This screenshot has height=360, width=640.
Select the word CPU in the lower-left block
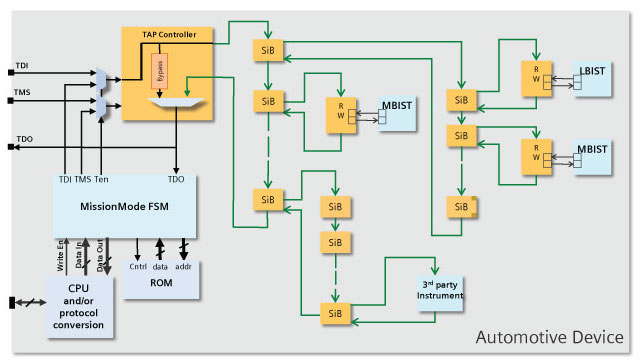(80, 289)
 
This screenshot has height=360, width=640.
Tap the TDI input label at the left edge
(23, 66)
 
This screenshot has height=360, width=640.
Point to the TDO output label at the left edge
(25, 139)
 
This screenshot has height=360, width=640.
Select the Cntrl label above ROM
(137, 268)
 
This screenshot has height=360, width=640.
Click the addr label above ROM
(184, 268)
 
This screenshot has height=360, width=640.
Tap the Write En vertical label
(62, 255)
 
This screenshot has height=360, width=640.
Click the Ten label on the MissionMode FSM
(102, 180)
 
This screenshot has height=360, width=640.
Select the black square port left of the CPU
(12, 302)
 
